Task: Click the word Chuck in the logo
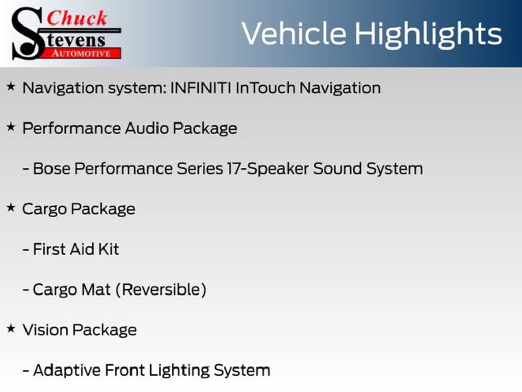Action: click(x=77, y=18)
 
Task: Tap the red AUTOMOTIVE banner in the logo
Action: click(x=82, y=53)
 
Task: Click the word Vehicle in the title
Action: click(x=294, y=34)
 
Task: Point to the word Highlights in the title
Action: click(x=428, y=34)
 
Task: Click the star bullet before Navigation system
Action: click(x=11, y=87)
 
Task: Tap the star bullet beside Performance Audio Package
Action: click(x=11, y=127)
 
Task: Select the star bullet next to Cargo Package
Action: click(x=11, y=208)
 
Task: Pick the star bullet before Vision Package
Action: click(x=11, y=329)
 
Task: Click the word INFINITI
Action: click(x=200, y=88)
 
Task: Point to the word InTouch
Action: click(x=265, y=88)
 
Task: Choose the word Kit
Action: click(x=108, y=249)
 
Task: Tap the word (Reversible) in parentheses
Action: click(x=161, y=289)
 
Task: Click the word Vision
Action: click(x=45, y=330)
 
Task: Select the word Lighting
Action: click(x=179, y=371)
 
